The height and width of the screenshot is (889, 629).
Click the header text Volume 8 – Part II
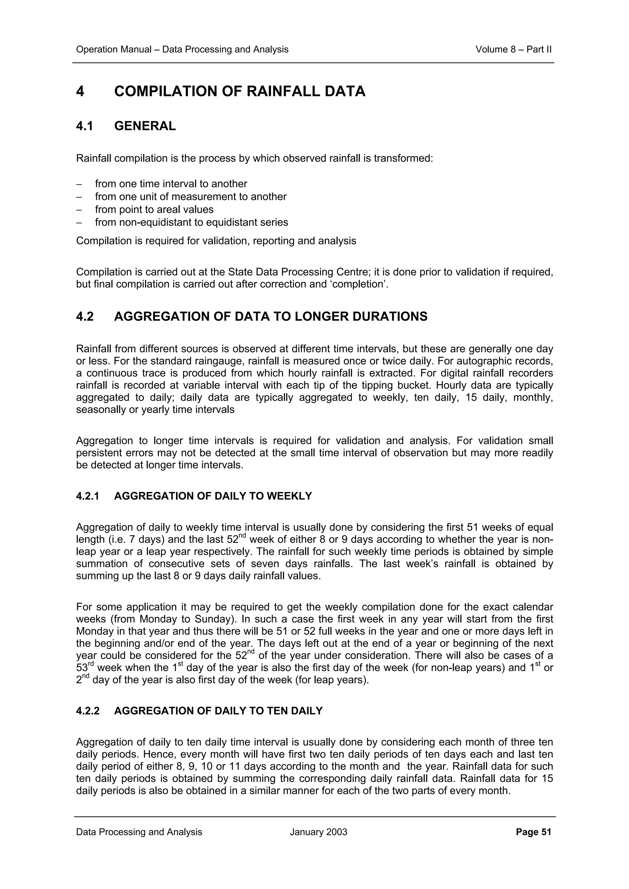[513, 50]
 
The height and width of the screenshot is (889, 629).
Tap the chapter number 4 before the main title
[80, 92]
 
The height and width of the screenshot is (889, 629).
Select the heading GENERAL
[145, 126]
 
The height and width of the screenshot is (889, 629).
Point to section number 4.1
[84, 126]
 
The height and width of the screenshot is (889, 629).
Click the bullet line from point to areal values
[154, 210]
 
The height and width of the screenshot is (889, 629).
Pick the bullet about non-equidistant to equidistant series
[191, 222]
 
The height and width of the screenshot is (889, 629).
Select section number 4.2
[85, 317]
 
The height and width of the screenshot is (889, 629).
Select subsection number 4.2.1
[88, 496]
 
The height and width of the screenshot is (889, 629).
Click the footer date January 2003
[318, 832]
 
